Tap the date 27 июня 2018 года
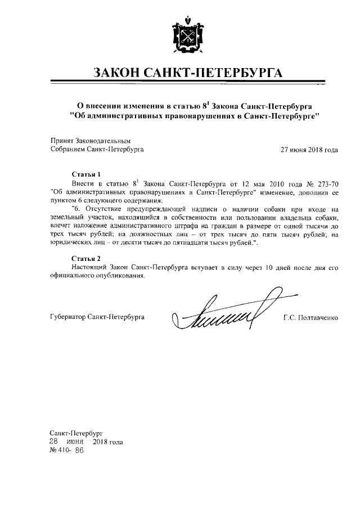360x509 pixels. click(309, 150)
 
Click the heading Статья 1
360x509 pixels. click(87, 174)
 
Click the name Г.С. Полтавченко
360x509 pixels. click(310, 318)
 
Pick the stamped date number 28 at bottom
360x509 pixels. click(55, 442)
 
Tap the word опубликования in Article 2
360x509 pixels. click(121, 277)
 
